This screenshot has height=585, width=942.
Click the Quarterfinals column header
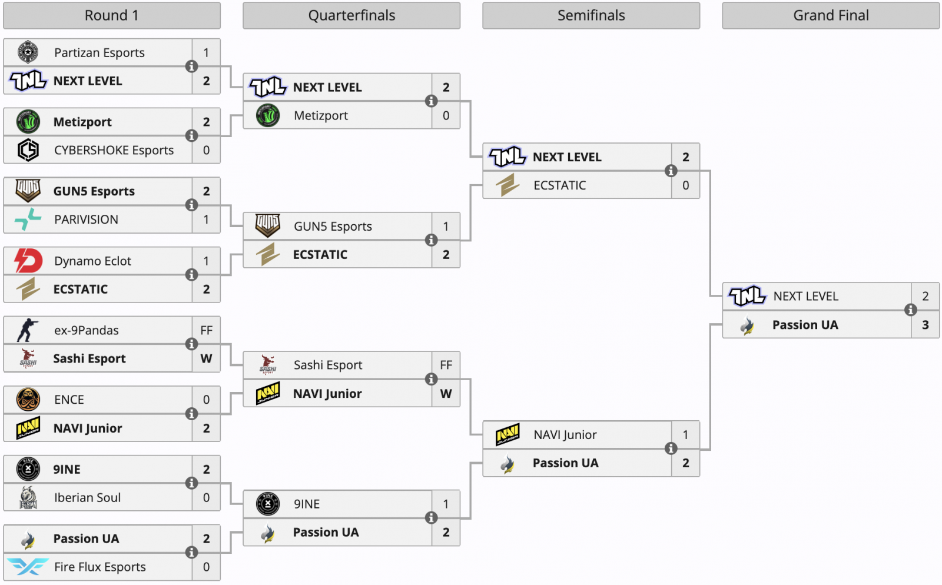click(351, 15)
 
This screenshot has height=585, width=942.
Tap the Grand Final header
click(831, 15)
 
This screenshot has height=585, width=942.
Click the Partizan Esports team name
click(99, 52)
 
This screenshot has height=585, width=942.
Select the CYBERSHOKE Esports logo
click(28, 150)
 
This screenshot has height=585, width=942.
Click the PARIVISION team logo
click(28, 220)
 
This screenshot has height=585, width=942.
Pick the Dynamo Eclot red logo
click(28, 261)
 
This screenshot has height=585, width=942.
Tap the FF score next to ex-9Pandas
click(206, 330)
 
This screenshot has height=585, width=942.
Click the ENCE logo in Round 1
click(28, 399)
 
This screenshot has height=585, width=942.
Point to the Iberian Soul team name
click(87, 497)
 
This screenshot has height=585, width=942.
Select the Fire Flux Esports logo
click(28, 567)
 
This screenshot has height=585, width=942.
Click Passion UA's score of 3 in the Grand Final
click(925, 324)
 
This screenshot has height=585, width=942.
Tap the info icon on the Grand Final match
click(910, 310)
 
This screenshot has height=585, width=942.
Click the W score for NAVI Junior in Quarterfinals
click(446, 393)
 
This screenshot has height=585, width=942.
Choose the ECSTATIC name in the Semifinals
click(559, 185)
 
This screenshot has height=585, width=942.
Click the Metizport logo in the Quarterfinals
click(268, 115)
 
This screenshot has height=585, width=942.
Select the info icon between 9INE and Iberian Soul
click(191, 483)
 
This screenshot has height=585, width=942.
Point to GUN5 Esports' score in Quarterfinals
click(446, 226)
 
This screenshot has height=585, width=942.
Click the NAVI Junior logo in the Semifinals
click(508, 434)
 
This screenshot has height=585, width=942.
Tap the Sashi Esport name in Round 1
click(89, 358)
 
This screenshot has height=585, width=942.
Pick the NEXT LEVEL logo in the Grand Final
click(747, 296)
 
